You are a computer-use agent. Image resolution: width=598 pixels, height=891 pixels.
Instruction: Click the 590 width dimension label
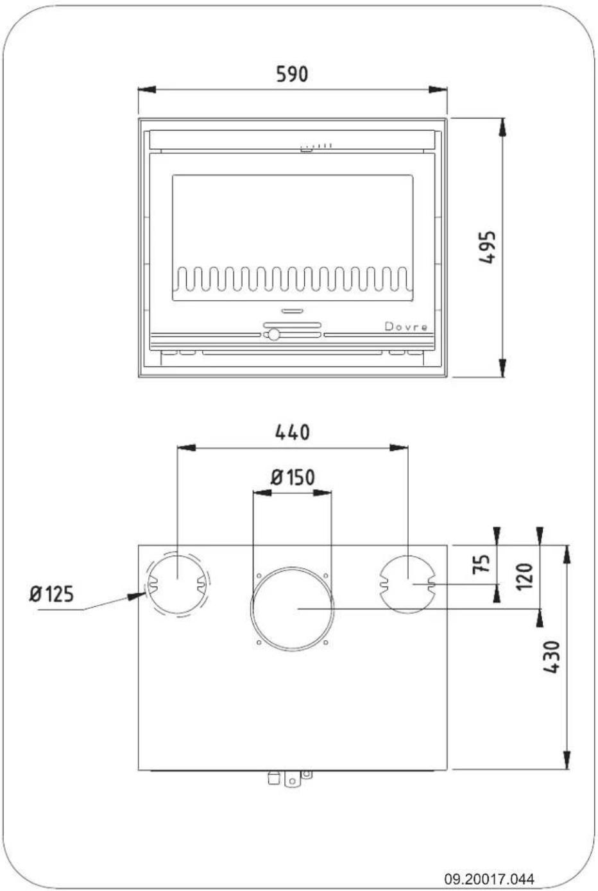coord(292,74)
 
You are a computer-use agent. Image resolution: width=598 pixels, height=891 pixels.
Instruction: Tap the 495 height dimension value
coord(488,247)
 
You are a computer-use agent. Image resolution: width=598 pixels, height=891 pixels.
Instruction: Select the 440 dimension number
coord(293,433)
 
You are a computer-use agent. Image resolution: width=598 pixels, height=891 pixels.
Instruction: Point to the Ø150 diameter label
coord(293,477)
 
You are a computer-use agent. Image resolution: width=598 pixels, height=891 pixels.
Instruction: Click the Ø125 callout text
coord(51,594)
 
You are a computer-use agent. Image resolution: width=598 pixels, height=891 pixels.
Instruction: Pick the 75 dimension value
coord(481,564)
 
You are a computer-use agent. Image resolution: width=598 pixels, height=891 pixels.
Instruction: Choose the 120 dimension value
coord(524,577)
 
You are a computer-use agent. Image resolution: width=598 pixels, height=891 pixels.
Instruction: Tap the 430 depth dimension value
coord(552,656)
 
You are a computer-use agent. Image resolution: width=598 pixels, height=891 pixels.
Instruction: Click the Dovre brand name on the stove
coord(406,327)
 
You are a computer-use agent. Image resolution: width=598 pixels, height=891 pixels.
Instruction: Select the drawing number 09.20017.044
coord(490,879)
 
